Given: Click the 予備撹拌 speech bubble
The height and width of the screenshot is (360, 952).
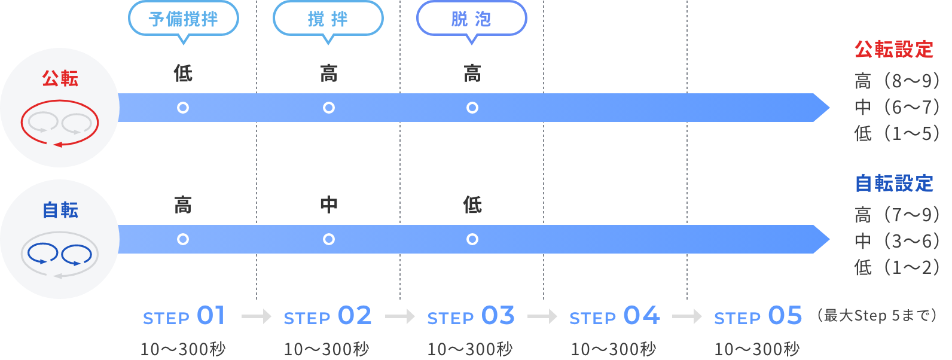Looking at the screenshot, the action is click(183, 19).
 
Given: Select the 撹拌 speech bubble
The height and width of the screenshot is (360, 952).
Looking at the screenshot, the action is click(328, 19).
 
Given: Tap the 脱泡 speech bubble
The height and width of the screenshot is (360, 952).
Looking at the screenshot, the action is click(472, 19).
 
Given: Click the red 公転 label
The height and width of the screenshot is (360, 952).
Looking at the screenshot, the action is click(60, 78).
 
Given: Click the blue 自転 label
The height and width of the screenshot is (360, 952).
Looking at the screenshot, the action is click(60, 210).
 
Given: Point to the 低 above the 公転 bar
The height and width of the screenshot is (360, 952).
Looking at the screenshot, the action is click(183, 73).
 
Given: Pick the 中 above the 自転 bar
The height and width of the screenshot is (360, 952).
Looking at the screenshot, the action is click(328, 205).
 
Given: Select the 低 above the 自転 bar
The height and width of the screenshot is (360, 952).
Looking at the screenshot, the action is click(472, 205).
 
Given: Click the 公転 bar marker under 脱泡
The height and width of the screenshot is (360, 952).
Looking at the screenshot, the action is click(472, 108).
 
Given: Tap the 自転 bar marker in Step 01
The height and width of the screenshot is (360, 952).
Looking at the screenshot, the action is click(183, 239).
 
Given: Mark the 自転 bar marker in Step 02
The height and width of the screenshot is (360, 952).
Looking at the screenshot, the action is click(328, 239).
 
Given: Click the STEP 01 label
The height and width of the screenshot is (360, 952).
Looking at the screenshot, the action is click(184, 316).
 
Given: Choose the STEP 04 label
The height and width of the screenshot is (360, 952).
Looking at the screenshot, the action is click(615, 316).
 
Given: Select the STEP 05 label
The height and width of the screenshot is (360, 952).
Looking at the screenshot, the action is click(758, 316).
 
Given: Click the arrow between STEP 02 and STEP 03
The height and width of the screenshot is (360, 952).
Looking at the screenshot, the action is click(400, 316).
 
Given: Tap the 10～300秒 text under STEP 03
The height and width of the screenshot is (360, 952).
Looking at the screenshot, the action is click(469, 349).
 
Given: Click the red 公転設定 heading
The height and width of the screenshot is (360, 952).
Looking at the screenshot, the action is click(894, 49).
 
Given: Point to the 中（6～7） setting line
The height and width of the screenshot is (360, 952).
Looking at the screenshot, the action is click(897, 107).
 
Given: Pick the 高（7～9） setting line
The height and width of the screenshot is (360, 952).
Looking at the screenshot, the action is click(897, 215).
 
